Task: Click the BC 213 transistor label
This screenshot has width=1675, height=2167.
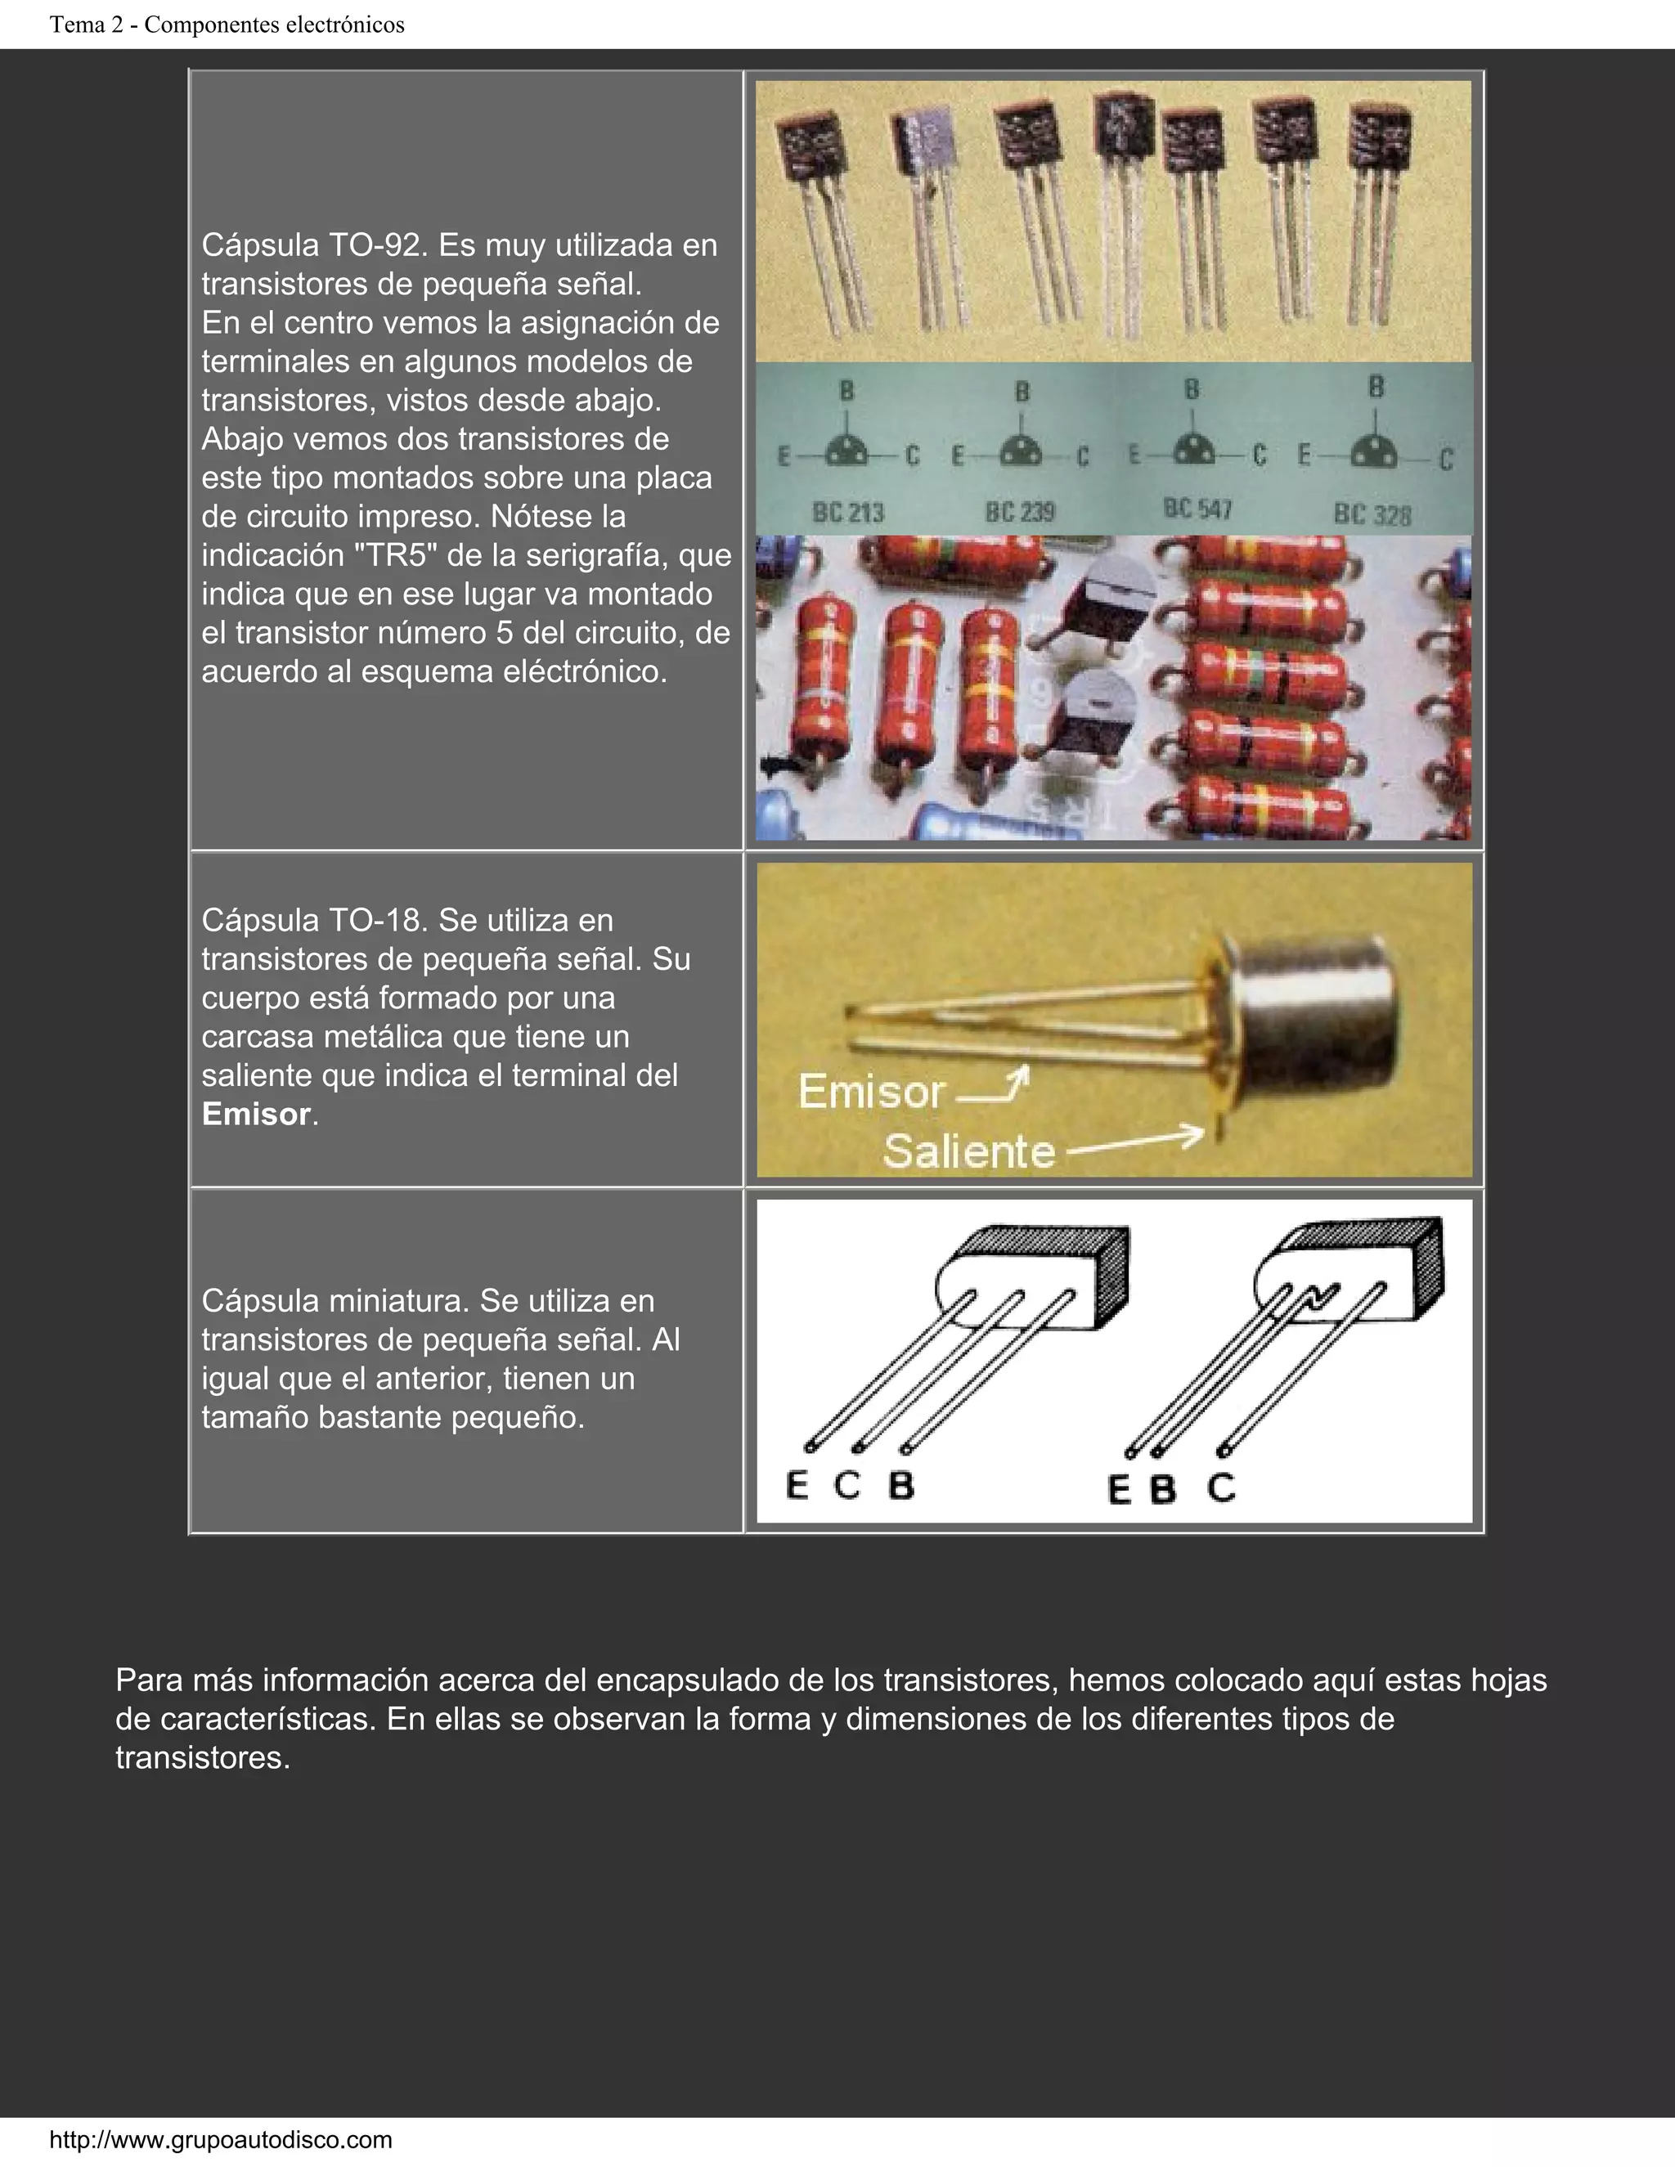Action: click(847, 512)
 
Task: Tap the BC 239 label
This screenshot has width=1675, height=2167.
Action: click(1019, 512)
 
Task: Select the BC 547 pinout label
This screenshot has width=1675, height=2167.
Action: click(1197, 509)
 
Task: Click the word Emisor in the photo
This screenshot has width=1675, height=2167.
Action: click(870, 1092)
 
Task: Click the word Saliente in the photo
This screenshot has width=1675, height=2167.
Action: click(968, 1151)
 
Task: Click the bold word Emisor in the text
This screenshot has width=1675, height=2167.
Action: click(256, 1115)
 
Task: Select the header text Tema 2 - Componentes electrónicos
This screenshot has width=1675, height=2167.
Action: click(227, 25)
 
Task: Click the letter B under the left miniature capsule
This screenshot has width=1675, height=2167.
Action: click(900, 1485)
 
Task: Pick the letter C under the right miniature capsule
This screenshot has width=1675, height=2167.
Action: click(1222, 1487)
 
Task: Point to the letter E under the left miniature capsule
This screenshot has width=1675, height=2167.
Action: click(797, 1485)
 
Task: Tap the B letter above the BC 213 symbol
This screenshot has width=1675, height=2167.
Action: click(846, 391)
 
